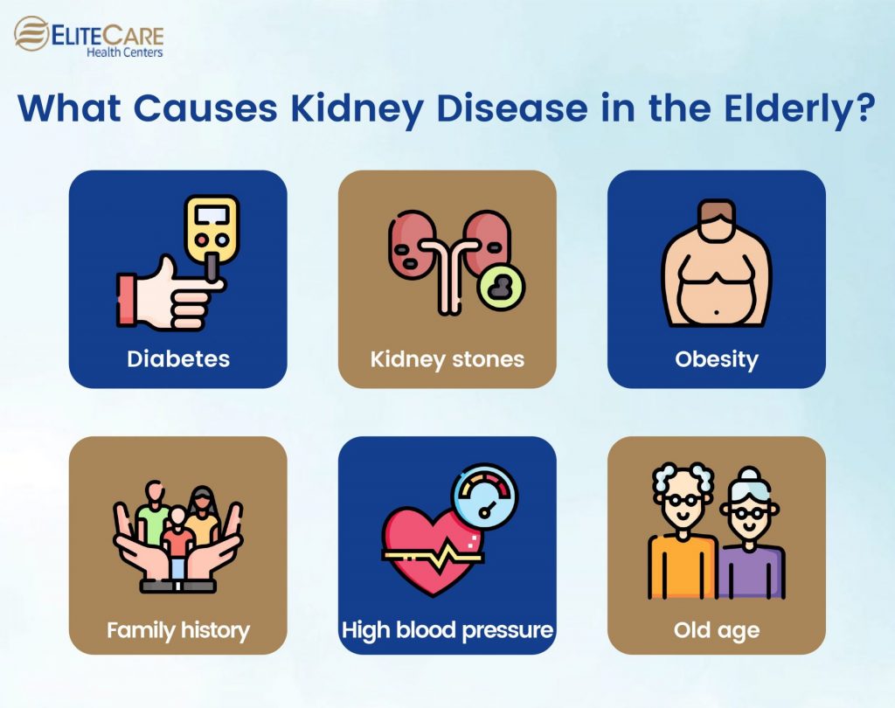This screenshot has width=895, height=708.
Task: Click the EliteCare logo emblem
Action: tap(31, 34)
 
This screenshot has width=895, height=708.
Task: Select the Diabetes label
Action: tap(178, 359)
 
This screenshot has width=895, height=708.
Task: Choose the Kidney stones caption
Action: tap(447, 359)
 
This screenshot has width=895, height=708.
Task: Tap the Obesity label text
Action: tap(717, 359)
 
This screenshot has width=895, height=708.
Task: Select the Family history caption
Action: tap(178, 629)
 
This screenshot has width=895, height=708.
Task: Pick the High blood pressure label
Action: tap(447, 629)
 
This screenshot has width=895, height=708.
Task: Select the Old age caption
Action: tap(717, 629)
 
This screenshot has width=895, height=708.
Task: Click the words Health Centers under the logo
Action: tap(124, 52)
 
